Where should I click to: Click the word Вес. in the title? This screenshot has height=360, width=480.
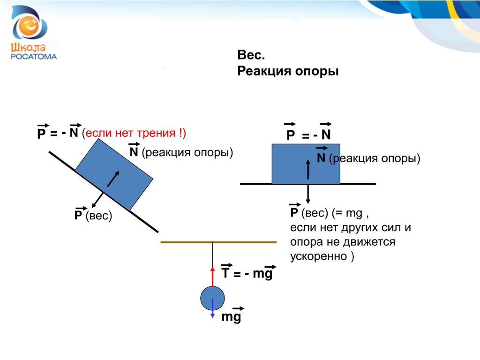coord(251,55)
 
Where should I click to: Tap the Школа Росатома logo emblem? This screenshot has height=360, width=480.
coord(30,23)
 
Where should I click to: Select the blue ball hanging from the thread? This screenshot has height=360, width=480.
coord(212,297)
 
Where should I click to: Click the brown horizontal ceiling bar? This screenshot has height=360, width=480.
coord(218,242)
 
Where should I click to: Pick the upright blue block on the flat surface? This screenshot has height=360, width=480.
coord(306,164)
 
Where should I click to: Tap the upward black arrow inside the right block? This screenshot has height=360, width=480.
coord(308,169)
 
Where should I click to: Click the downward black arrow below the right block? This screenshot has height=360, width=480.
coord(308,193)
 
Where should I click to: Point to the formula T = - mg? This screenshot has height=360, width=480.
coord(247,273)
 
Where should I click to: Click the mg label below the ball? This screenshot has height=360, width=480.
coord(231,317)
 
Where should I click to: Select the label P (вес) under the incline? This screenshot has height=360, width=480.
coord(93,216)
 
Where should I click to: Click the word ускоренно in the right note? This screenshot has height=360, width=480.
coord(318,256)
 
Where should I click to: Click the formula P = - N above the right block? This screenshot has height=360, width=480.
coord(308,135)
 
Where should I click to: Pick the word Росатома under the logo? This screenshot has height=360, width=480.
coord(33,56)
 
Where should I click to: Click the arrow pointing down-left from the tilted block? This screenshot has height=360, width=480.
coord(97,200)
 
